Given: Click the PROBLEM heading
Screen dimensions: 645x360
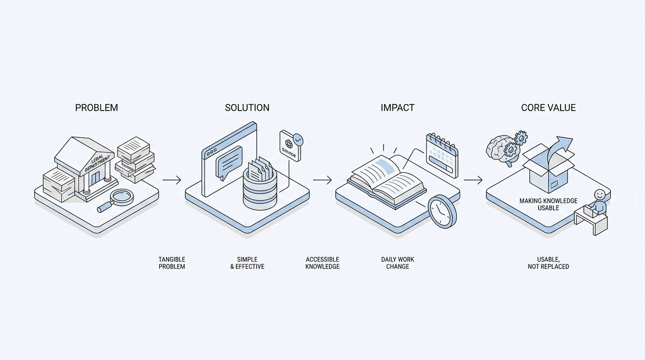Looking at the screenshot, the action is [96, 107].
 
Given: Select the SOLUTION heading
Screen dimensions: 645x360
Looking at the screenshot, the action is [247, 107].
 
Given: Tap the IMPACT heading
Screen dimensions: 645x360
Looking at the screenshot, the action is [397, 107].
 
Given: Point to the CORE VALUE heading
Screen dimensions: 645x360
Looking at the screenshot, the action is [548, 107].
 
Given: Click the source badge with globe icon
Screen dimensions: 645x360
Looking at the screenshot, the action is [291, 146].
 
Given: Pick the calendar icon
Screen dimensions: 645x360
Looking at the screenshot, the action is [441, 155].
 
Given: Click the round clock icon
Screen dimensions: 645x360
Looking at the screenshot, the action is [441, 211].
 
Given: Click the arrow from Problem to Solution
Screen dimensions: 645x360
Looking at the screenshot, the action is [171, 180].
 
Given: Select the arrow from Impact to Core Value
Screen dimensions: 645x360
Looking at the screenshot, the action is [473, 180].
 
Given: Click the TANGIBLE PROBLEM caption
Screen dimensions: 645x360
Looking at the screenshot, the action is [171, 263].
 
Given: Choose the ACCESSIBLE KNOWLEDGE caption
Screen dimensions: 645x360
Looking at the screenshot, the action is [322, 263].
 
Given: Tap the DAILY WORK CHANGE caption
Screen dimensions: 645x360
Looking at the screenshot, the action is [397, 263].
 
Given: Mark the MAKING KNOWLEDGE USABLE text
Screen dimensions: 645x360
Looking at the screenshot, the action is [548, 204].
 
